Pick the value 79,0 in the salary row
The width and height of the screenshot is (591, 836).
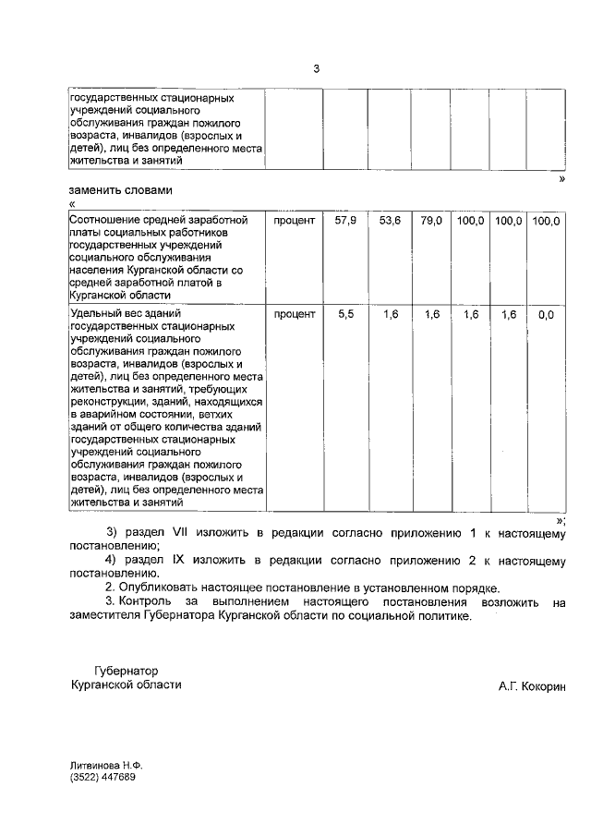pyautogui.click(x=431, y=221)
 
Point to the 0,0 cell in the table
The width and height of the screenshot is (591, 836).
pyautogui.click(x=546, y=315)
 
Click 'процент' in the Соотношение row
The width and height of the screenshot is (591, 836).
pyautogui.click(x=295, y=221)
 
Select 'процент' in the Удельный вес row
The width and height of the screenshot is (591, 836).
pyautogui.click(x=295, y=315)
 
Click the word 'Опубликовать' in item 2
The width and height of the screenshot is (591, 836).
pyautogui.click(x=160, y=588)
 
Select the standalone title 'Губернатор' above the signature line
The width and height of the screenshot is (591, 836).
pyautogui.click(x=126, y=671)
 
